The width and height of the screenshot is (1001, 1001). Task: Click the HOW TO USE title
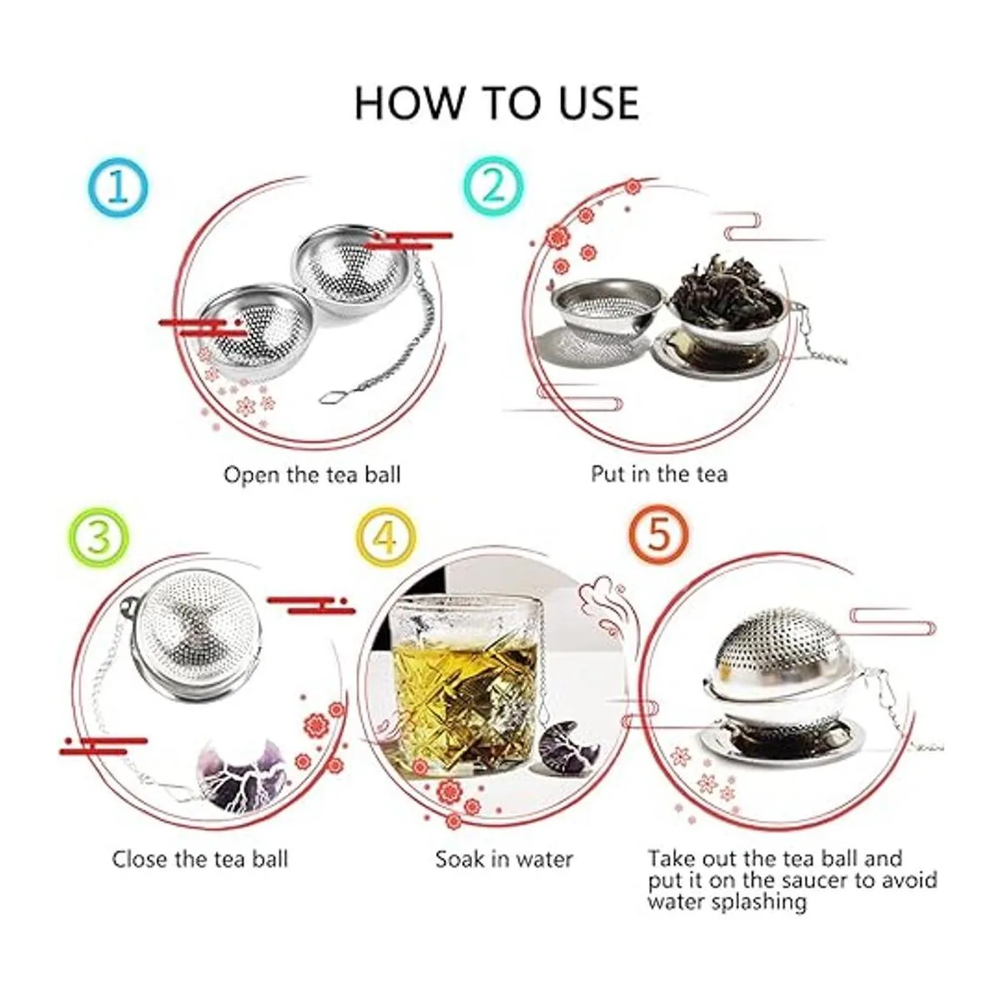click(496, 103)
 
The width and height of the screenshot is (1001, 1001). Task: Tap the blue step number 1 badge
click(118, 187)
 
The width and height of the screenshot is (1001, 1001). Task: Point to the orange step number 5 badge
click(658, 535)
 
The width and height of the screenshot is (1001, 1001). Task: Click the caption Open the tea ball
click(312, 475)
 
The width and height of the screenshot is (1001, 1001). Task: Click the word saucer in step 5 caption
click(815, 881)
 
